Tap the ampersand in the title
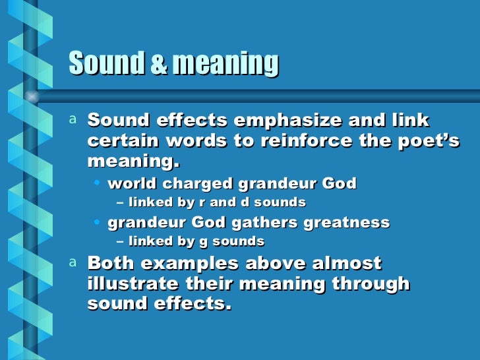pos(160,65)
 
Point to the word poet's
pos(428,141)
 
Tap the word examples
pos(187,264)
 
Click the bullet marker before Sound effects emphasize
pos(73,119)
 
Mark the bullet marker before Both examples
pos(73,262)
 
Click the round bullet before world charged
pos(98,183)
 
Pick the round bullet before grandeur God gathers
pos(98,222)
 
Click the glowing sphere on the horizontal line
pos(32,96)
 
